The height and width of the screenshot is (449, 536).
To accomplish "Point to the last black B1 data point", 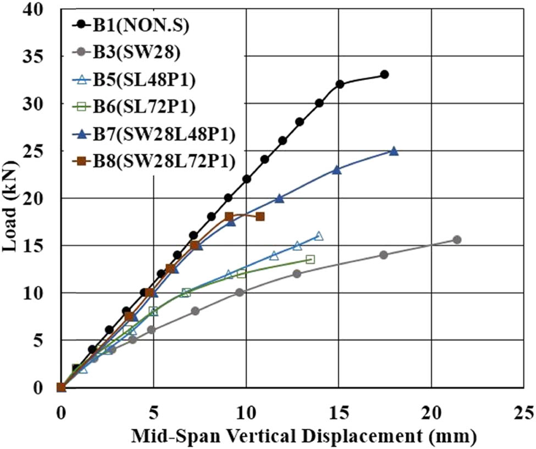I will tap(384, 74).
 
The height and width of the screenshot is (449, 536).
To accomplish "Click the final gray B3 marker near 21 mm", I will tap(456, 239).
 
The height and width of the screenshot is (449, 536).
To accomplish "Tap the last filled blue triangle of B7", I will tap(394, 151).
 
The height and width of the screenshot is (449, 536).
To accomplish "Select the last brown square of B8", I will tap(260, 217).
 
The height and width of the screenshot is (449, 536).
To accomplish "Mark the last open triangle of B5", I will tap(319, 236).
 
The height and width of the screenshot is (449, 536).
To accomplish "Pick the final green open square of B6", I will tap(310, 259).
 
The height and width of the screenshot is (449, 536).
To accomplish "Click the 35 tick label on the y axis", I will tap(36, 57).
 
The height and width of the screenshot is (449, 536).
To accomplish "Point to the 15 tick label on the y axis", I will tap(36, 245).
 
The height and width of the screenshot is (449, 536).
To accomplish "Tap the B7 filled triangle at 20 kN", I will tap(279, 198).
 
